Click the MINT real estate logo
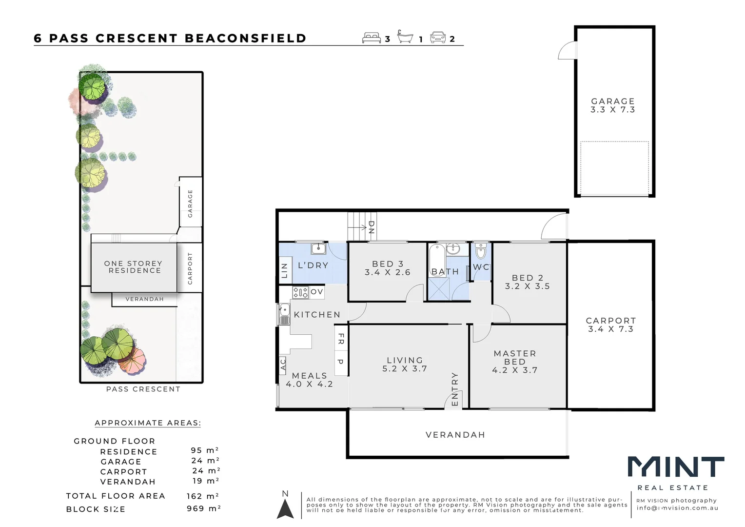pyautogui.click(x=675, y=467)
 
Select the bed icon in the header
pyautogui.click(x=372, y=38)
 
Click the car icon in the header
pyautogui.click(x=438, y=37)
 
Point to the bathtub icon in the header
pyautogui.click(x=405, y=37)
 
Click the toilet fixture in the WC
pyautogui.click(x=481, y=252)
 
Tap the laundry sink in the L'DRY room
pyautogui.click(x=318, y=249)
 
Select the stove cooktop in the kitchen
pyautogui.click(x=300, y=292)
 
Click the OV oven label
pyautogui.click(x=316, y=292)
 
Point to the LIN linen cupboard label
pyautogui.click(x=285, y=270)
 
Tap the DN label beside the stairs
pyautogui.click(x=371, y=227)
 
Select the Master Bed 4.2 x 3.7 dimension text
pyautogui.click(x=515, y=370)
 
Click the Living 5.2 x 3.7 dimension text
pyautogui.click(x=405, y=369)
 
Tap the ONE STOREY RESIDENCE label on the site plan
pyautogui.click(x=134, y=267)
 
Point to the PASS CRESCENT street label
pyautogui.click(x=143, y=389)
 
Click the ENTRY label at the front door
pyautogui.click(x=455, y=389)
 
